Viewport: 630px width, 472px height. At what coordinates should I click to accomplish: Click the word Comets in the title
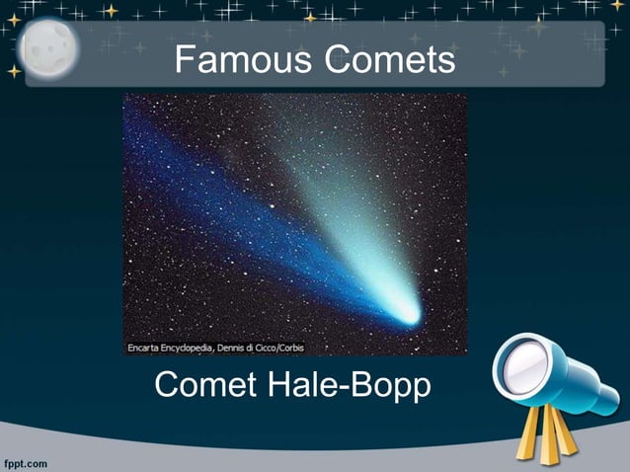pyautogui.click(x=386, y=62)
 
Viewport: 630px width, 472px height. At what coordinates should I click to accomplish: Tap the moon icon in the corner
pyautogui.click(x=50, y=46)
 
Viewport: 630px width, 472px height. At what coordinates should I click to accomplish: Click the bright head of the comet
pyautogui.click(x=408, y=313)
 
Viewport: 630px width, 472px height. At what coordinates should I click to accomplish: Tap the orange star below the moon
pyautogui.click(x=14, y=71)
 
